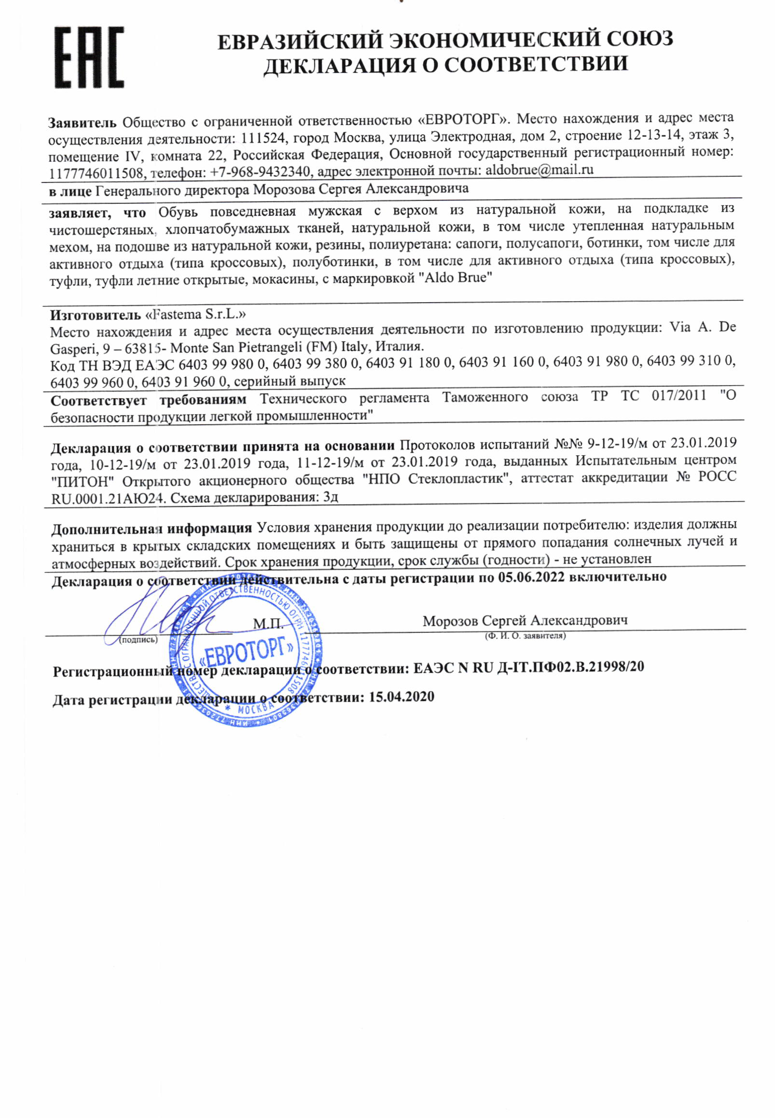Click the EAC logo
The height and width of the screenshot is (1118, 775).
pyautogui.click(x=89, y=57)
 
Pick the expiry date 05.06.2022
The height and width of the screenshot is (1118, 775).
pyautogui.click(x=531, y=577)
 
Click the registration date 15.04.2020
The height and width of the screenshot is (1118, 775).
pyautogui.click(x=401, y=697)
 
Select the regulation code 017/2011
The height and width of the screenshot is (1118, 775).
pyautogui.click(x=679, y=395)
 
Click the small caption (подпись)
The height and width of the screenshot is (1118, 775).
pyautogui.click(x=138, y=640)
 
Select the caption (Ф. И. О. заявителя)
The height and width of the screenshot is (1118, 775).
pyautogui.click(x=525, y=636)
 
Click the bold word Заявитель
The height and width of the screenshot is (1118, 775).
pyautogui.click(x=82, y=123)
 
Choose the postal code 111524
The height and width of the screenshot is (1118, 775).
pyautogui.click(x=262, y=139)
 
